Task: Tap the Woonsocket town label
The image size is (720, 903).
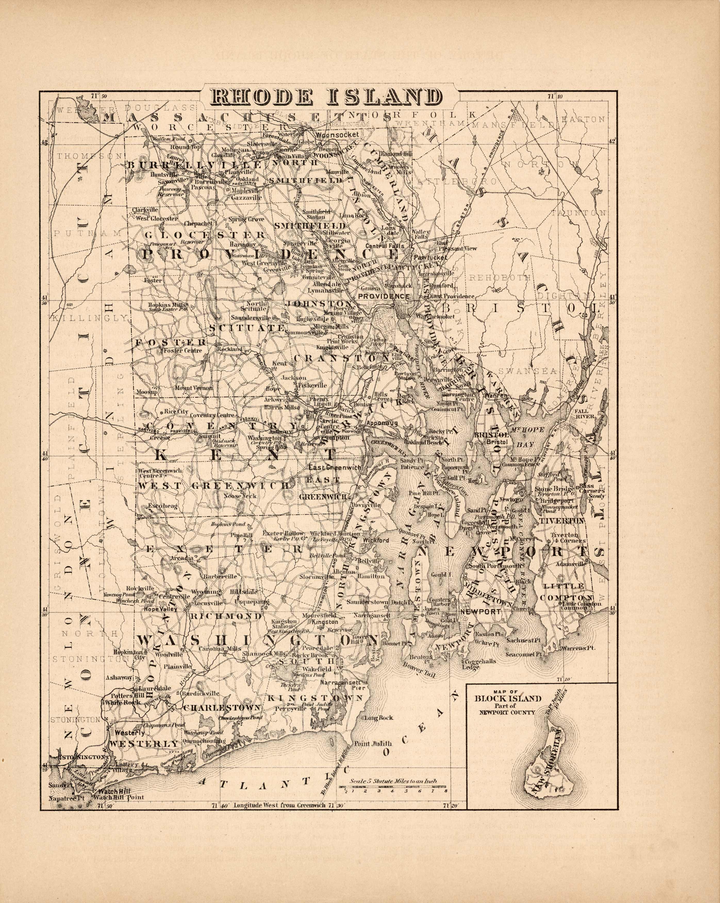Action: [x=337, y=135]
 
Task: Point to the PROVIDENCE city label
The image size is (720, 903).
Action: [x=383, y=296]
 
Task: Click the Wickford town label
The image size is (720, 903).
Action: [x=376, y=540]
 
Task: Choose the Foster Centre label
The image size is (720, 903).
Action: [x=183, y=350]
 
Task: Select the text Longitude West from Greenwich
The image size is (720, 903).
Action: [x=279, y=805]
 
